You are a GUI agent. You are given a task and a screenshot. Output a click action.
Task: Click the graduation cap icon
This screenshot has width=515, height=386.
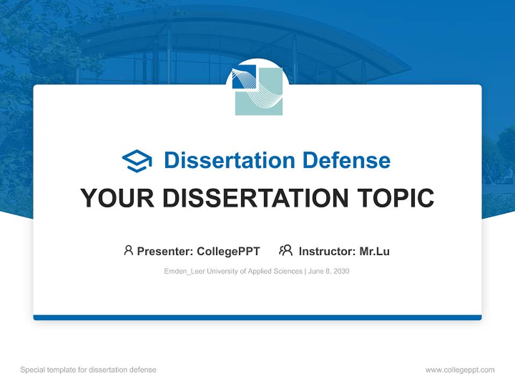137,161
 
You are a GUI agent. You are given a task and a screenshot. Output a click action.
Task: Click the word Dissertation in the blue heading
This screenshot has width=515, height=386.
229,160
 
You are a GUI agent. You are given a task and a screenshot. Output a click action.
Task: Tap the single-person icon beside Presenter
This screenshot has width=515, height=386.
128,250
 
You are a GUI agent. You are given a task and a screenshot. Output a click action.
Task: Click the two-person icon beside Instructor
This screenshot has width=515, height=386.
285,250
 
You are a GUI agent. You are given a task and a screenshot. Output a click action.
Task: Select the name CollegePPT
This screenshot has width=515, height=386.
229,251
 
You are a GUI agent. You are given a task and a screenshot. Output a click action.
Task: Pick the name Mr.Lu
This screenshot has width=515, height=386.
374,251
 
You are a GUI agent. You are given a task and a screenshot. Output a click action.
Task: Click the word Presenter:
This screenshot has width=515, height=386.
165,251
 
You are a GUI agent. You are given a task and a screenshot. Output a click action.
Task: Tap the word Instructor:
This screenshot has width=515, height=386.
327,251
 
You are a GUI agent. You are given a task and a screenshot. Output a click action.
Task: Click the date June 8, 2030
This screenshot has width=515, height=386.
329,271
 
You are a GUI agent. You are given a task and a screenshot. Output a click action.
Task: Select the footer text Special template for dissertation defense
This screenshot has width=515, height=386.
89,370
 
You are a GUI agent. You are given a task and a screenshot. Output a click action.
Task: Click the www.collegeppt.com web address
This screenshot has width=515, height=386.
460,370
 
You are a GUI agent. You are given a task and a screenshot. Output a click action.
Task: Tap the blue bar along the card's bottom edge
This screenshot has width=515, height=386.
257,317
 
